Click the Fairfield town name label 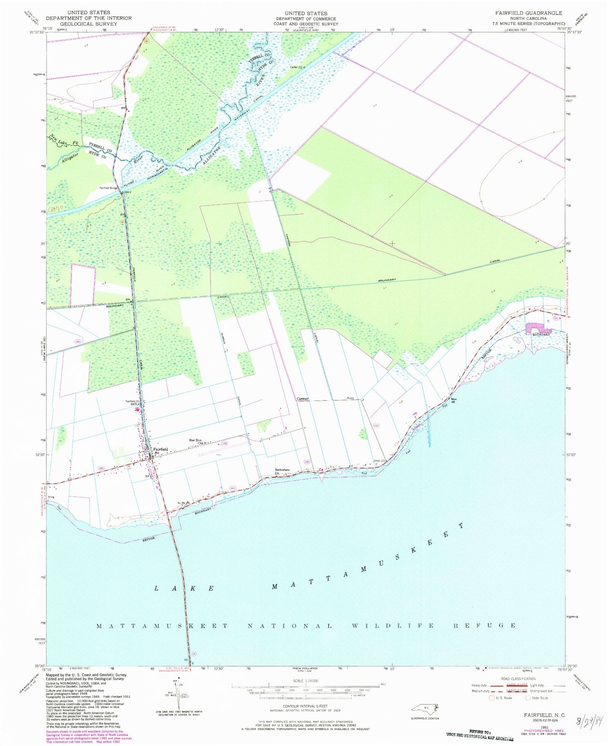(x=161, y=449)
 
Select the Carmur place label (x=303, y=399)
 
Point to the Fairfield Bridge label (x=109, y=188)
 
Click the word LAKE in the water (x=185, y=588)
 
